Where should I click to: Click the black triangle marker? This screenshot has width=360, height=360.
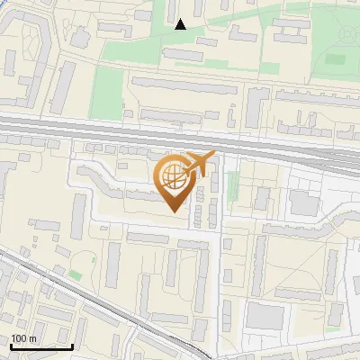180,24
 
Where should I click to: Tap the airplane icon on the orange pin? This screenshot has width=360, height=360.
198,165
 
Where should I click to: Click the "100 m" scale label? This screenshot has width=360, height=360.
23,338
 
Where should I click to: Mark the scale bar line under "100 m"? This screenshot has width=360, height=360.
41,346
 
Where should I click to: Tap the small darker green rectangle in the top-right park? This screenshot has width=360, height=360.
335,59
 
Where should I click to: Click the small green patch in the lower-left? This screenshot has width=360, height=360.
75,274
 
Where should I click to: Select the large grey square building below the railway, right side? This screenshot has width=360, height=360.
303,204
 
